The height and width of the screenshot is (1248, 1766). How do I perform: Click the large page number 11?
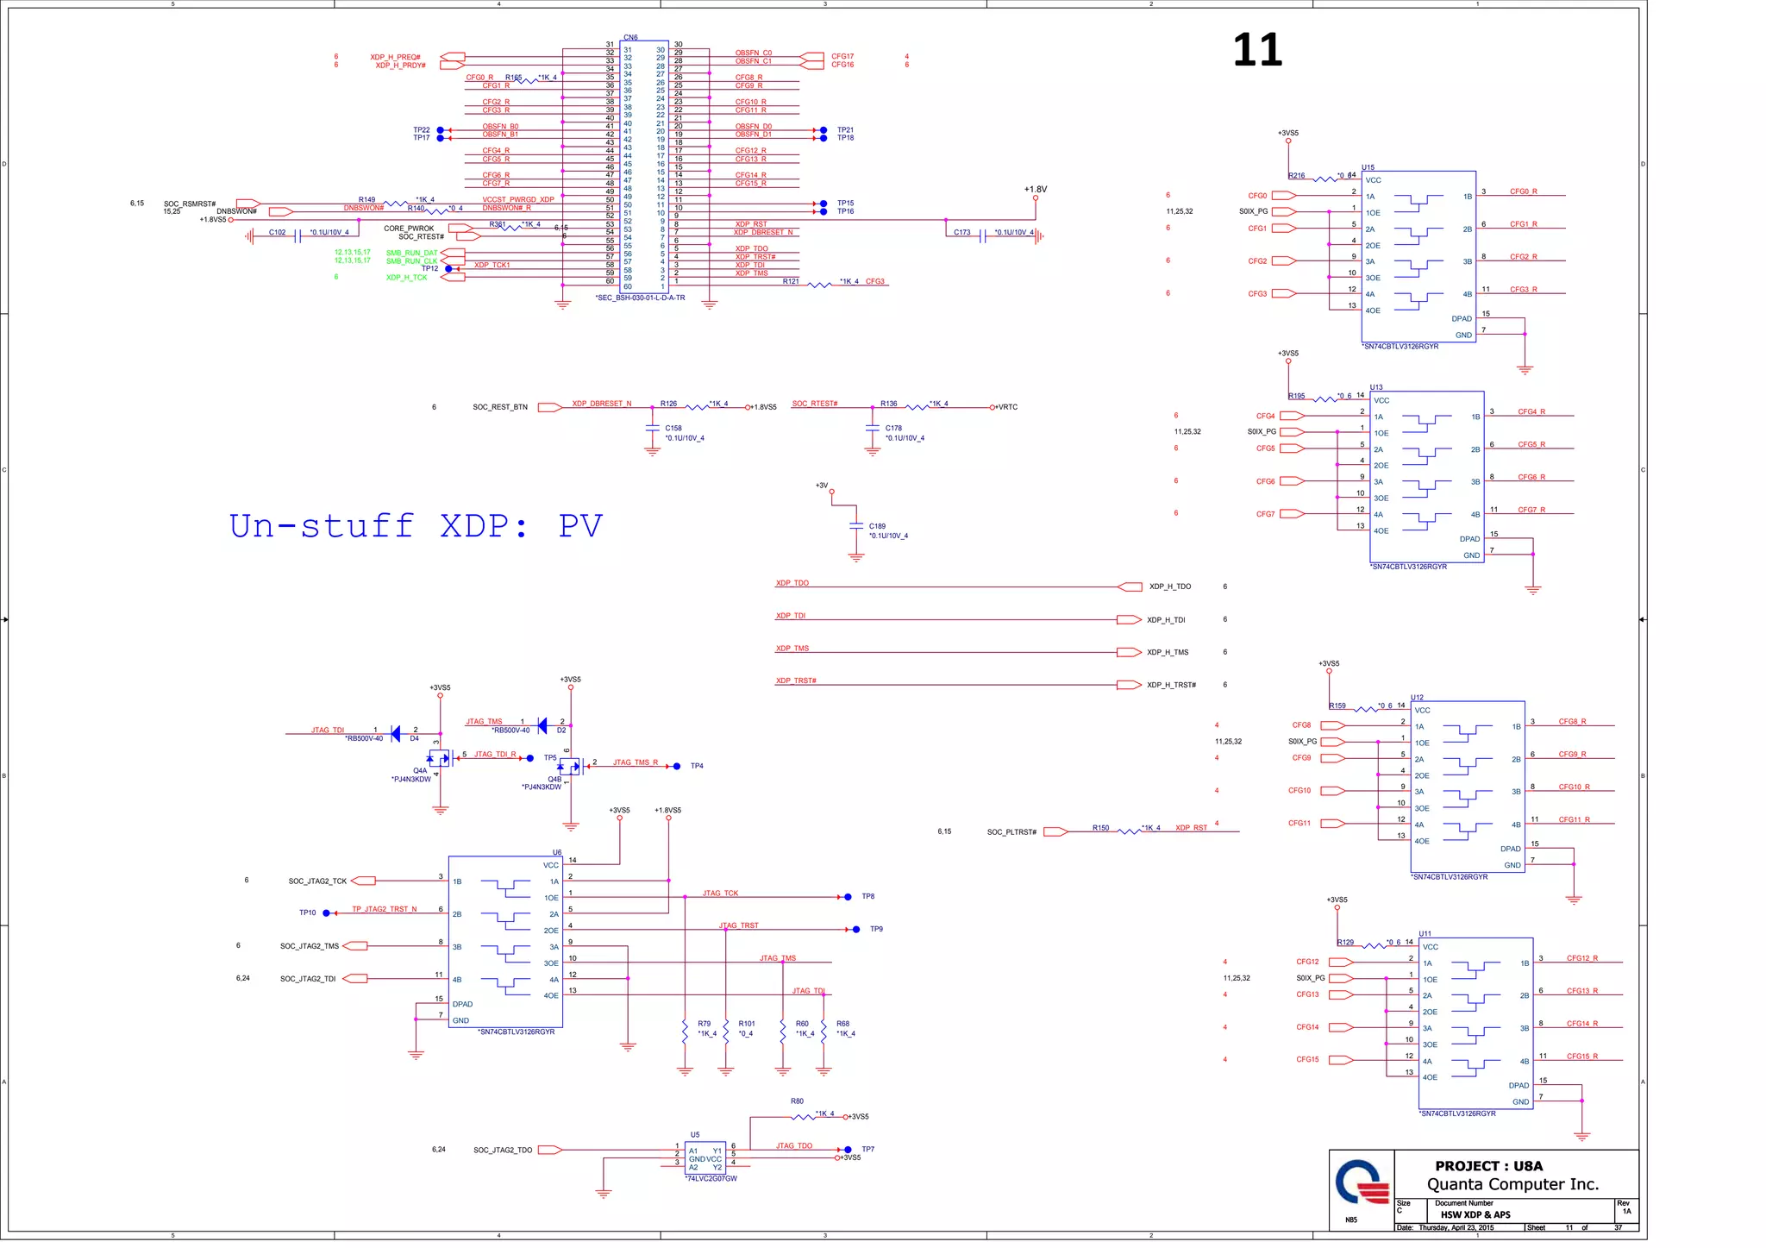pos(1256,50)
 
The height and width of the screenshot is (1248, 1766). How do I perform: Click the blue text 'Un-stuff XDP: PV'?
pos(416,525)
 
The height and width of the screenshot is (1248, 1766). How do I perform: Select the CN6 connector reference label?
pos(630,37)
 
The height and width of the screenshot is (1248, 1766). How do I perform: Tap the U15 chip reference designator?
pos(1368,167)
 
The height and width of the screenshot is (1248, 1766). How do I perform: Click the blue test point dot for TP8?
pos(848,897)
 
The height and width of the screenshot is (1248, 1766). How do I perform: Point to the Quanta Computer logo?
pos(1362,1182)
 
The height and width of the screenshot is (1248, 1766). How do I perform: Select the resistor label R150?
pos(1100,827)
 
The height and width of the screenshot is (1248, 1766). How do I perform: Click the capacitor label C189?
pos(877,525)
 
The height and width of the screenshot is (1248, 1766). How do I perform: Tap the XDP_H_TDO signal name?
pos(1169,586)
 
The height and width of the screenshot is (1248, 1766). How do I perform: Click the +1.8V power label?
pos(1035,189)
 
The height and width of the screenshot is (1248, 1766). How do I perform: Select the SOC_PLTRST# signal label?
pos(1011,832)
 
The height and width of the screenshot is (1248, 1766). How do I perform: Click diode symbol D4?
pos(396,733)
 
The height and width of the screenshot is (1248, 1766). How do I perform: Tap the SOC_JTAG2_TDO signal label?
pos(503,1150)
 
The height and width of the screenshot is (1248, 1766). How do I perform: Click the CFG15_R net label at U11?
pos(1581,1056)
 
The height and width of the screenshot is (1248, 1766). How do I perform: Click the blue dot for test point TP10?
pos(326,912)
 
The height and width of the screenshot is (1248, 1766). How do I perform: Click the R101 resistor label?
pos(746,1024)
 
